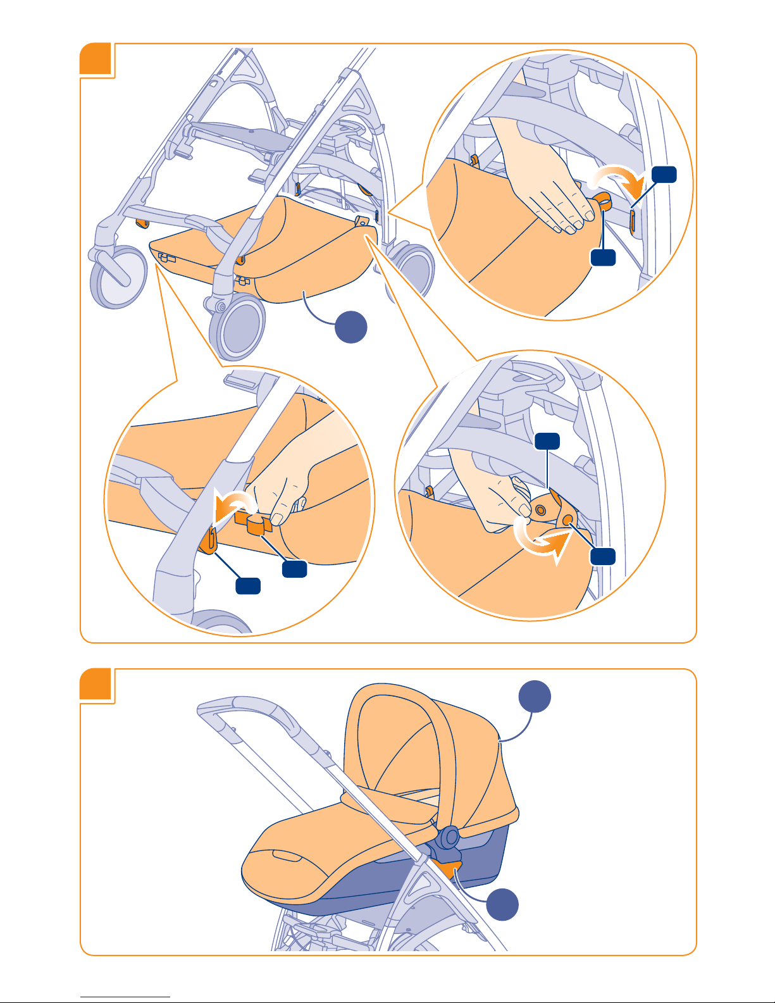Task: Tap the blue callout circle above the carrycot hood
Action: tap(535, 697)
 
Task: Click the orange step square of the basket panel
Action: tap(96, 60)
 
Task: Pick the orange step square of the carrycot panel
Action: tap(96, 685)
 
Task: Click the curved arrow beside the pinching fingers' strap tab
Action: tap(231, 506)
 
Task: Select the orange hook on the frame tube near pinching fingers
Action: tap(209, 542)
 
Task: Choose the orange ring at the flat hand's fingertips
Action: tap(602, 202)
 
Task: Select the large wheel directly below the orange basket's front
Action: tap(237, 326)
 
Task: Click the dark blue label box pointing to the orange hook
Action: tap(248, 586)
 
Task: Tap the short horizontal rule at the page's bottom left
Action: tap(125, 997)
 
